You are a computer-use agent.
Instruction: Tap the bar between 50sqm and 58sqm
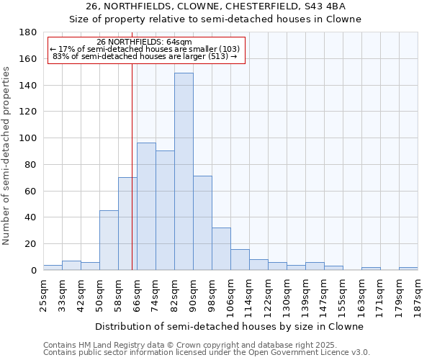tap(109, 240)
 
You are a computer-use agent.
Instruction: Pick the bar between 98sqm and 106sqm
tap(221, 249)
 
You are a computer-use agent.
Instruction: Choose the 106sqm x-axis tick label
tap(230, 295)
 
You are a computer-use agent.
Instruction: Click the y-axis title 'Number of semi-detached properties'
tap(7, 156)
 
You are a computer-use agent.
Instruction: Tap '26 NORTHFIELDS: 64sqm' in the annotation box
tap(144, 42)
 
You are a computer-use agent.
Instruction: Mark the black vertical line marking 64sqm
tap(132, 166)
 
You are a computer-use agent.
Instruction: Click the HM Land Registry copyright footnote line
tap(206, 345)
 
